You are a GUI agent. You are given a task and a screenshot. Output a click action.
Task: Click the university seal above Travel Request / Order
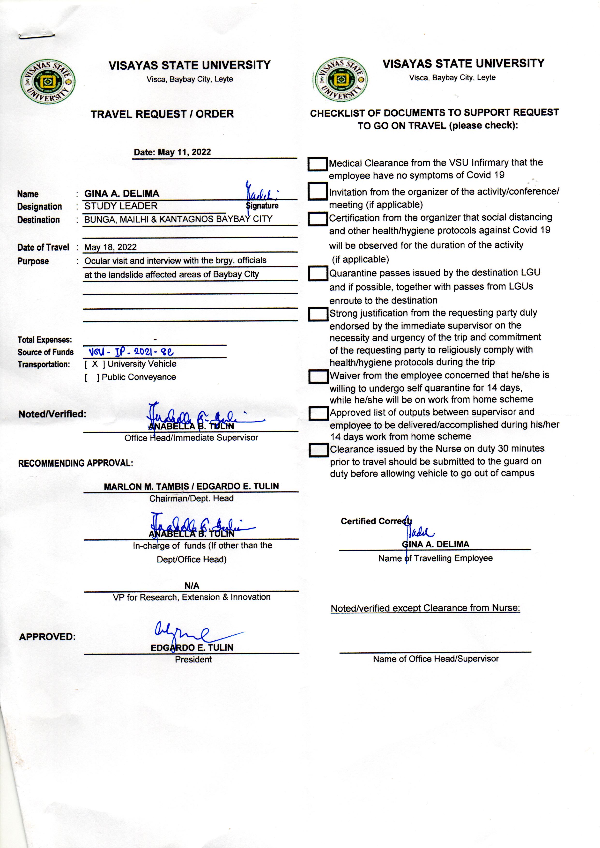pos(48,82)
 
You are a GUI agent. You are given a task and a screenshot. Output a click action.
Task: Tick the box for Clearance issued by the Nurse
pos(319,450)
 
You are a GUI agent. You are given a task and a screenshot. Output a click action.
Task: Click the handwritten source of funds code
pos(131,352)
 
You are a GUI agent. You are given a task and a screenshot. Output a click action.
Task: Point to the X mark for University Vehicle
pos(95,364)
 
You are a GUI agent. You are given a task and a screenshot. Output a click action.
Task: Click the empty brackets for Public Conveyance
pos(92,378)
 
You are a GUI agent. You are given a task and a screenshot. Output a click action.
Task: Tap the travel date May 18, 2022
pos(111,247)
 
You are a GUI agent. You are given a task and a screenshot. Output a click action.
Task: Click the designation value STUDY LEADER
pos(121,206)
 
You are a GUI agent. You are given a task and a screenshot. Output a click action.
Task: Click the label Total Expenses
pos(45,340)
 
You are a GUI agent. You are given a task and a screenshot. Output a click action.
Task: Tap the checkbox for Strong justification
pos(318,314)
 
